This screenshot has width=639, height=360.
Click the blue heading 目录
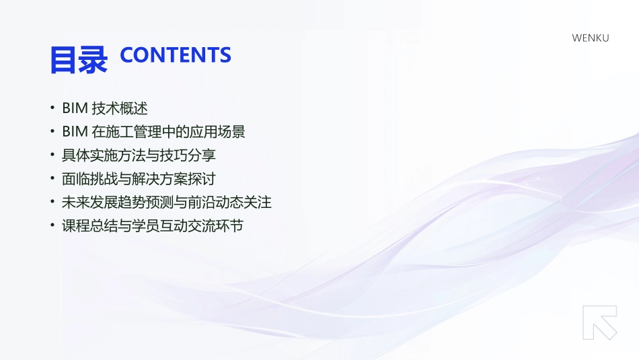(78, 59)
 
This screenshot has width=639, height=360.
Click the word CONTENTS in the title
(175, 55)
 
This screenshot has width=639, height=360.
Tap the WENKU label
(590, 38)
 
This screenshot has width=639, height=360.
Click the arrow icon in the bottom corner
(599, 322)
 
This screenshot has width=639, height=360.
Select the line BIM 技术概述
(104, 108)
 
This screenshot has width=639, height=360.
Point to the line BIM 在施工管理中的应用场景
(153, 131)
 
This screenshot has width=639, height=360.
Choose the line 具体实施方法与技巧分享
(139, 155)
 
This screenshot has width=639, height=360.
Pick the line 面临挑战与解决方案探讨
(139, 178)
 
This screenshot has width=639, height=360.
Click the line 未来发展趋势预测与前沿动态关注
(167, 202)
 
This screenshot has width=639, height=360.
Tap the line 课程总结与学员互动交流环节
(153, 225)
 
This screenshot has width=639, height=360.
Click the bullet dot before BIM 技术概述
(52, 108)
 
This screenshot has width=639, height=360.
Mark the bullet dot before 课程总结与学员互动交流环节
(52, 226)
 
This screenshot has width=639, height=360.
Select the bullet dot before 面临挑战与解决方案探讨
(52, 179)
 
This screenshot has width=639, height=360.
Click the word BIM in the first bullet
(75, 108)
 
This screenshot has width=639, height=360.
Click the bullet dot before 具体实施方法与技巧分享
(52, 155)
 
